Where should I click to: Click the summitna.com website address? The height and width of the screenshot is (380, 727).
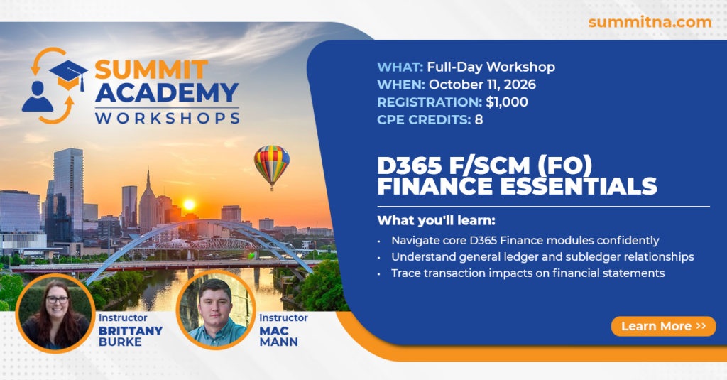tap(650, 22)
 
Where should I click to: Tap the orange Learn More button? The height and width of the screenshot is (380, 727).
tap(664, 326)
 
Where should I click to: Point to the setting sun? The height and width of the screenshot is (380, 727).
tap(189, 205)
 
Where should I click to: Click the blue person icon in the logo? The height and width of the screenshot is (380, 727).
tap(37, 97)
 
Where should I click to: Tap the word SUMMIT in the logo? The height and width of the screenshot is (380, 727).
tap(151, 70)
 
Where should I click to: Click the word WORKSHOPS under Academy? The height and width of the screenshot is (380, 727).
tap(168, 118)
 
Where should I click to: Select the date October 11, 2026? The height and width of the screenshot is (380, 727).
tap(482, 85)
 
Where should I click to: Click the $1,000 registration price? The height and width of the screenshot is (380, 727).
tap(507, 102)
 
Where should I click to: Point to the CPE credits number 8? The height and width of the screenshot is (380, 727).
tap(479, 120)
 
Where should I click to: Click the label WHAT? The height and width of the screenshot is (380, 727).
tap(400, 67)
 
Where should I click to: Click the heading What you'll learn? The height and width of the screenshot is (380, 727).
tap(437, 220)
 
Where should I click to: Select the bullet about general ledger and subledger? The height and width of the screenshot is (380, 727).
tap(542, 257)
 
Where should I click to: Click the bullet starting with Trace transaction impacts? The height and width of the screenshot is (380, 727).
tap(528, 273)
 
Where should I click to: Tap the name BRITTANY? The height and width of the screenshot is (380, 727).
tap(131, 331)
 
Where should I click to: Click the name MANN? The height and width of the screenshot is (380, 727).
tap(278, 342)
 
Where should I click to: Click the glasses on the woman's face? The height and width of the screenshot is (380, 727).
tap(57, 300)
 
